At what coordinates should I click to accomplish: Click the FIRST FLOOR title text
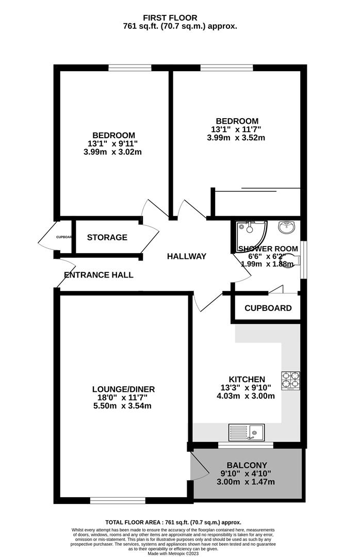(180, 18)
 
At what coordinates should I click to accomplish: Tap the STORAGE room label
(107, 237)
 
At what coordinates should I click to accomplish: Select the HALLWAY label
(186, 256)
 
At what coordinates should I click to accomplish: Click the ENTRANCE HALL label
(99, 275)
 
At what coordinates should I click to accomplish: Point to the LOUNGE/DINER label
(123, 389)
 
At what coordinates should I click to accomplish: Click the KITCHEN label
(248, 379)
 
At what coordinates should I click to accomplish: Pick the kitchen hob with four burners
(291, 380)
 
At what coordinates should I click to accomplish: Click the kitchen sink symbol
(247, 431)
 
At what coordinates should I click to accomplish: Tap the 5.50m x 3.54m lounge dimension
(123, 406)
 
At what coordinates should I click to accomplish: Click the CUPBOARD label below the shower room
(268, 308)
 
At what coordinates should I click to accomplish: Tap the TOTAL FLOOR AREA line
(173, 522)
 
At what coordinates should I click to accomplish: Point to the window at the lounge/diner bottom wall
(118, 499)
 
